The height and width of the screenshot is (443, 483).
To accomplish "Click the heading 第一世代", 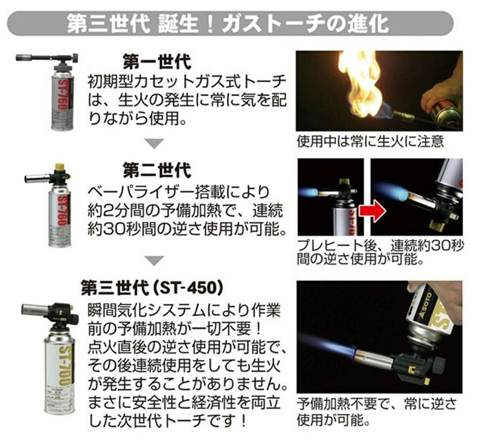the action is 157,62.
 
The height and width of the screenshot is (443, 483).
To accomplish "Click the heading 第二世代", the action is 157,170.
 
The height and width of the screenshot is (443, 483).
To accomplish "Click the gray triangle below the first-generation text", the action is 155,143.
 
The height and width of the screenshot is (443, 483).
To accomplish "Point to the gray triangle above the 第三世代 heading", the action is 155,261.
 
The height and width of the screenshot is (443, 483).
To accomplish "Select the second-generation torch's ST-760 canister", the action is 60,216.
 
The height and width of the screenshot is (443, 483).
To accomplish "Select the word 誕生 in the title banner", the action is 178,24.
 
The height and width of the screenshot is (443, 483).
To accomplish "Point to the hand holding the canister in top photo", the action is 441,92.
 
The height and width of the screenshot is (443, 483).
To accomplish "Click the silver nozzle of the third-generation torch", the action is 35,309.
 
